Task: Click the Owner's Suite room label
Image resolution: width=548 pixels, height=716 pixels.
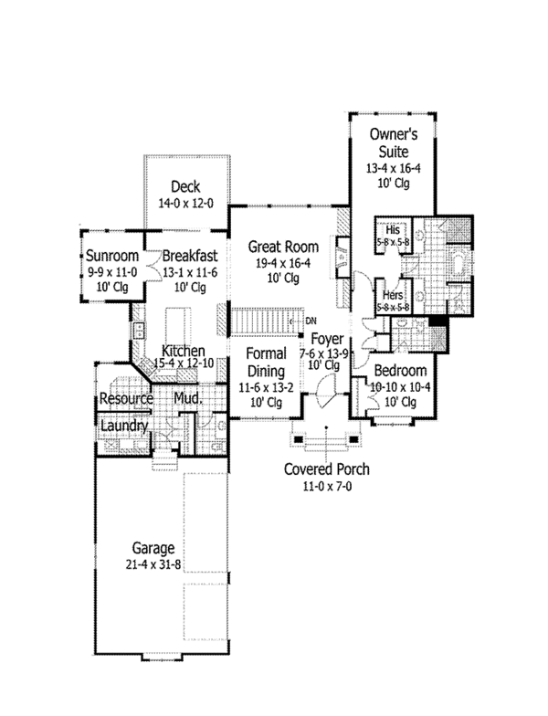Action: click(x=393, y=142)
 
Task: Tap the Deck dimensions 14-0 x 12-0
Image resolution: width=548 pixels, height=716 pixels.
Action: click(x=186, y=203)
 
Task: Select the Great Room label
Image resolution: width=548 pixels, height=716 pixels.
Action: click(x=283, y=247)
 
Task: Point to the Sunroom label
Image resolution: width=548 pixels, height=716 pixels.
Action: click(x=112, y=256)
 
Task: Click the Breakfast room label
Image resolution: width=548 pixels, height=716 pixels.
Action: click(x=190, y=256)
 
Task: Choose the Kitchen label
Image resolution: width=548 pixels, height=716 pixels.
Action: click(x=184, y=351)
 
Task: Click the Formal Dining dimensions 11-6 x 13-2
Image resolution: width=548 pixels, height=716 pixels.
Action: click(x=267, y=387)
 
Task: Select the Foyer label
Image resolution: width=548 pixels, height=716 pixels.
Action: click(x=327, y=340)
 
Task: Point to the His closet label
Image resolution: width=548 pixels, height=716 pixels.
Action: click(x=393, y=228)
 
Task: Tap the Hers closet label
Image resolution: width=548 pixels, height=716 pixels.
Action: click(x=393, y=294)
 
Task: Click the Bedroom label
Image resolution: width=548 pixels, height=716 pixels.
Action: click(x=400, y=371)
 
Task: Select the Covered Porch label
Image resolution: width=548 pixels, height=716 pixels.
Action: click(x=327, y=469)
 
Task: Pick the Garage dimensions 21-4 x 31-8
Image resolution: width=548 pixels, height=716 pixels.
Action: click(x=153, y=564)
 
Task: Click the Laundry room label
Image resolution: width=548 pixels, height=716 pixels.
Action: click(x=124, y=426)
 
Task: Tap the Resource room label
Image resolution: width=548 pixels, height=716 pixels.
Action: click(x=126, y=398)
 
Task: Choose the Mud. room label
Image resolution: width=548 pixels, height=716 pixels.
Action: click(x=188, y=398)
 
